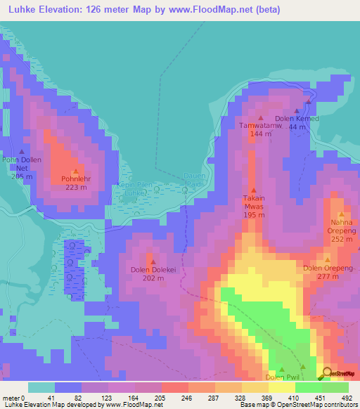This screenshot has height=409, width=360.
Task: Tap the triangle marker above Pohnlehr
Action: click(x=75, y=171)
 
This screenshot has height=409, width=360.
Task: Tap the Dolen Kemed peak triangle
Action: click(x=296, y=110)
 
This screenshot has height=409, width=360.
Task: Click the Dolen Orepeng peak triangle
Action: click(x=327, y=259)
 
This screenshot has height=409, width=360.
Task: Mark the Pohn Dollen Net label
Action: click(x=22, y=164)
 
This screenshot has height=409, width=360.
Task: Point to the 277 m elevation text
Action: click(x=327, y=276)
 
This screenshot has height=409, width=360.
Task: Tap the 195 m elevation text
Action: click(x=254, y=215)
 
